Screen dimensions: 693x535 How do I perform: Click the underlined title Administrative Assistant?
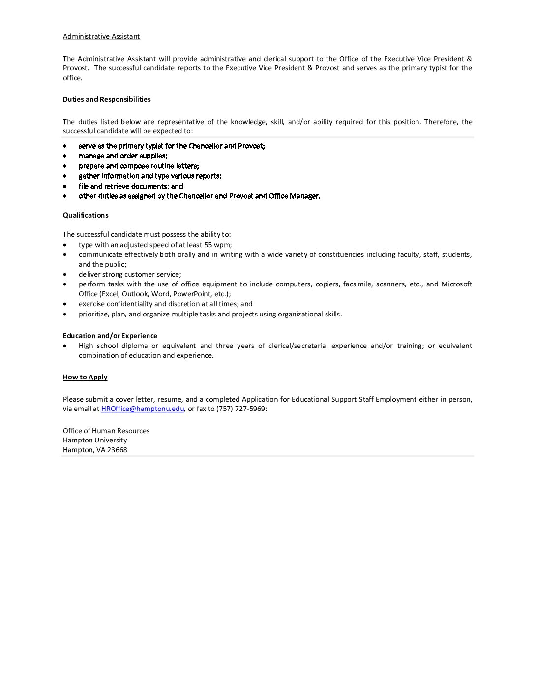pyautogui.click(x=101, y=36)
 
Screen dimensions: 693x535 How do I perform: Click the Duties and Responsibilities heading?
pyautogui.click(x=107, y=99)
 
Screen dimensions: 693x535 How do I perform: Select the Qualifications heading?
pyautogui.click(x=86, y=215)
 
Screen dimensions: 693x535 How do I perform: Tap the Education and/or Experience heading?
pyautogui.click(x=110, y=336)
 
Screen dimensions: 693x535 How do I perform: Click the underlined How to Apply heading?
pyautogui.click(x=85, y=377)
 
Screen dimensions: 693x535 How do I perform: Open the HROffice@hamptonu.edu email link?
pyautogui.click(x=143, y=409)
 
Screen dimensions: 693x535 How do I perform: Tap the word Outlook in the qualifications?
pyautogui.click(x=135, y=294)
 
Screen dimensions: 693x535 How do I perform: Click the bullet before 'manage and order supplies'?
pyautogui.click(x=65, y=156)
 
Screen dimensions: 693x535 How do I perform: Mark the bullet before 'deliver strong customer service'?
pyautogui.click(x=65, y=275)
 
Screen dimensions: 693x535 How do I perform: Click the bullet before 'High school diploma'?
pyautogui.click(x=65, y=346)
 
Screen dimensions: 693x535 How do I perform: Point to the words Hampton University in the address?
pyautogui.click(x=95, y=440)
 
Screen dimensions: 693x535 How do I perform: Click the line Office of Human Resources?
pyautogui.click(x=106, y=431)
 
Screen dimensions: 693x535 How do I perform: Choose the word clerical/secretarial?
pyautogui.click(x=293, y=346)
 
